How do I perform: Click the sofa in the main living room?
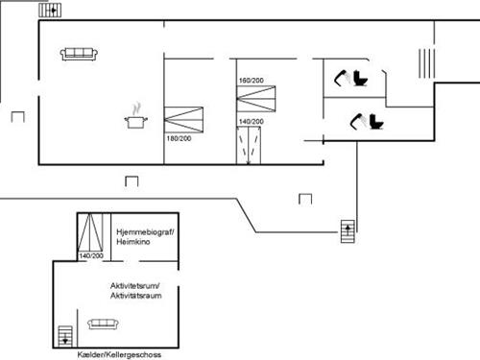pos(79,54)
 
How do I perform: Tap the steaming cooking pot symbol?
pos(136,116)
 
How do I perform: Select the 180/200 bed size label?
pos(179,138)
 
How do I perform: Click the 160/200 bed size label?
pos(252,81)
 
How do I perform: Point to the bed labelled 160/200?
pos(256,99)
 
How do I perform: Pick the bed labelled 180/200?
pos(183,120)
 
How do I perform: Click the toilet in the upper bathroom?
pos(361,78)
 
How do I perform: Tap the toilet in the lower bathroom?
pos(376,122)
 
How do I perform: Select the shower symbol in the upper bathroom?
pos(342,78)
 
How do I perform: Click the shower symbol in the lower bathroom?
pos(358,121)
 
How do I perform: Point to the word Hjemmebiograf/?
pos(145,232)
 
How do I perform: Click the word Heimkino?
pos(133,242)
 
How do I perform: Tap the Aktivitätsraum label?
pos(136,296)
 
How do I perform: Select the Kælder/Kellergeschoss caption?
pos(119,354)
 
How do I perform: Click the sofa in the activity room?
pos(103,324)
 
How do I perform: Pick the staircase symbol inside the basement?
pos(65,336)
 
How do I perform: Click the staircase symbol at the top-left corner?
pos(50,10)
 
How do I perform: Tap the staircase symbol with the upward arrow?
pos(348,231)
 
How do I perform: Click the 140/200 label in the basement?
pos(91,255)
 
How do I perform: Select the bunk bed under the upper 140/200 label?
pos(249,146)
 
